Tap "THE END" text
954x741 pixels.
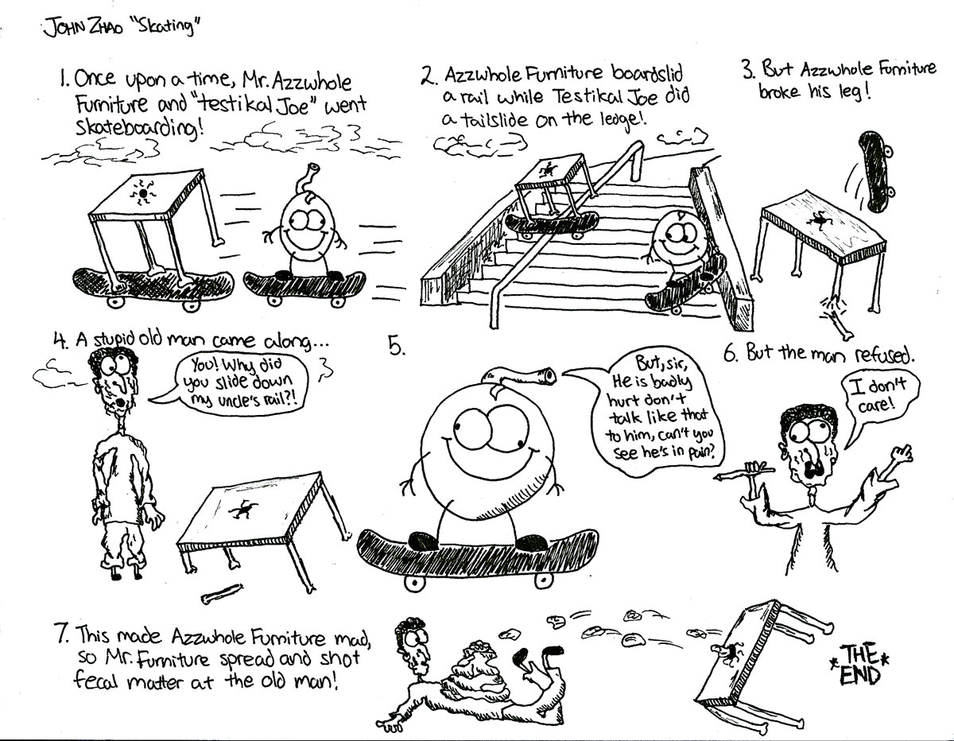click(x=860, y=664)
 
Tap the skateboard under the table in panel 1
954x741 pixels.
click(x=153, y=288)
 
